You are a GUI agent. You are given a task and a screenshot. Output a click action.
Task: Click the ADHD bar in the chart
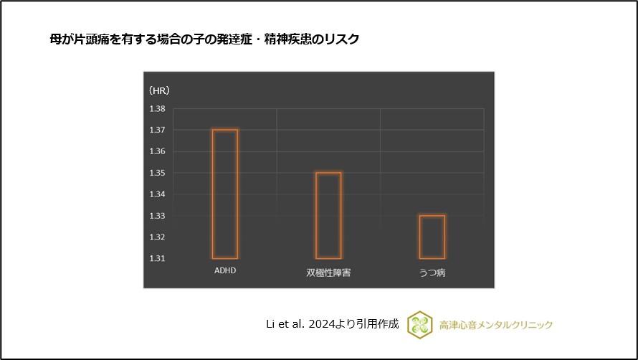[225, 194]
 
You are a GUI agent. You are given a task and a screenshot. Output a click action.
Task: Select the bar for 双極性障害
[328, 215]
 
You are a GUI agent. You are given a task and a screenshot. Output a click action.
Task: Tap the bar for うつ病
[432, 237]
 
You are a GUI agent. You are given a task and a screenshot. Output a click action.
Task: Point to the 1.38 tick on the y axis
[157, 109]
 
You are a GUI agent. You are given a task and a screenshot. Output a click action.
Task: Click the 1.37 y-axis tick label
[157, 131]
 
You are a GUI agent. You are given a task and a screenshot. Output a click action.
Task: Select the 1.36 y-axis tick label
[157, 151]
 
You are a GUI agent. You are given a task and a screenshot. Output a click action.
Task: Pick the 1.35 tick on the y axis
[157, 173]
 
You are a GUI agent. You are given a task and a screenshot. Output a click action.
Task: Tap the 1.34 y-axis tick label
[157, 194]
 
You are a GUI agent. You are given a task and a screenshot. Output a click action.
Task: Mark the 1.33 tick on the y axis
[157, 216]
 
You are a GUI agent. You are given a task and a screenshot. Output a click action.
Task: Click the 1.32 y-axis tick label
[157, 237]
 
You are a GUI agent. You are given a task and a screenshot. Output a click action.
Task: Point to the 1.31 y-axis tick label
[157, 258]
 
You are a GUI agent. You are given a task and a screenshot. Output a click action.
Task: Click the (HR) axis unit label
[159, 91]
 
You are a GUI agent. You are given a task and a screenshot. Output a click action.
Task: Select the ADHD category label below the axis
[225, 272]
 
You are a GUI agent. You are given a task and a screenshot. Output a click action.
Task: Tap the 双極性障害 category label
[328, 273]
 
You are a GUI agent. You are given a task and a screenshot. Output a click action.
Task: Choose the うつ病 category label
[432, 273]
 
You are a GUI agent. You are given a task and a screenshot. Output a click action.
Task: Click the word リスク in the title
[342, 39]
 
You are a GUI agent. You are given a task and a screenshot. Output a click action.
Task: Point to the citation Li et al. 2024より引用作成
[332, 325]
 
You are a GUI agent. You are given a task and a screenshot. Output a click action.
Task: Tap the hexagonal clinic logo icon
[419, 325]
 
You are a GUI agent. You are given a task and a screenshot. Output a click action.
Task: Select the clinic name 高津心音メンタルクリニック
[496, 325]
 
